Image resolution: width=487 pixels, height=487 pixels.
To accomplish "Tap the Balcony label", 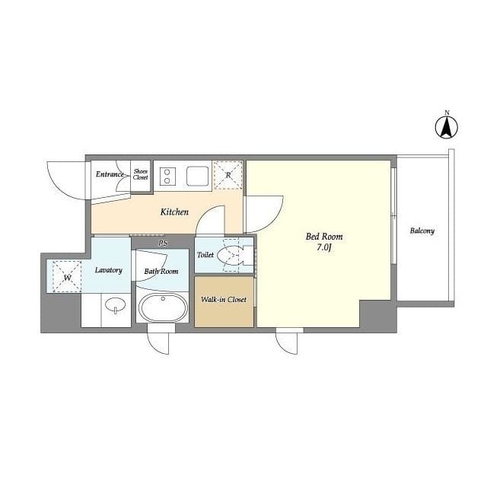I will tap(422, 231).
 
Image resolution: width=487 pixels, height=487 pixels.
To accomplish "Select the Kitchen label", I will tap(173, 212).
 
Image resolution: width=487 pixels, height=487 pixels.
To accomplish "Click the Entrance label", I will tap(110, 174).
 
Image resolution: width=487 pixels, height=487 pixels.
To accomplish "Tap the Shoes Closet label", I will tap(141, 174).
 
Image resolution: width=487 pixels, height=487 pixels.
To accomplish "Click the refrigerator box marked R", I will tap(228, 175).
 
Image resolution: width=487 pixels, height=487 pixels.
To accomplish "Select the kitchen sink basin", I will tap(197, 176).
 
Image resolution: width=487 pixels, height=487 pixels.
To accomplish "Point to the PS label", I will tap(162, 243).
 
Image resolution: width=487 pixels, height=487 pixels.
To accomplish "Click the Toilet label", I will tap(205, 255).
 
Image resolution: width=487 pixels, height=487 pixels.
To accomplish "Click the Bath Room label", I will tap(161, 271).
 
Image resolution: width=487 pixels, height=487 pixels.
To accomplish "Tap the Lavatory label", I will tap(109, 270).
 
